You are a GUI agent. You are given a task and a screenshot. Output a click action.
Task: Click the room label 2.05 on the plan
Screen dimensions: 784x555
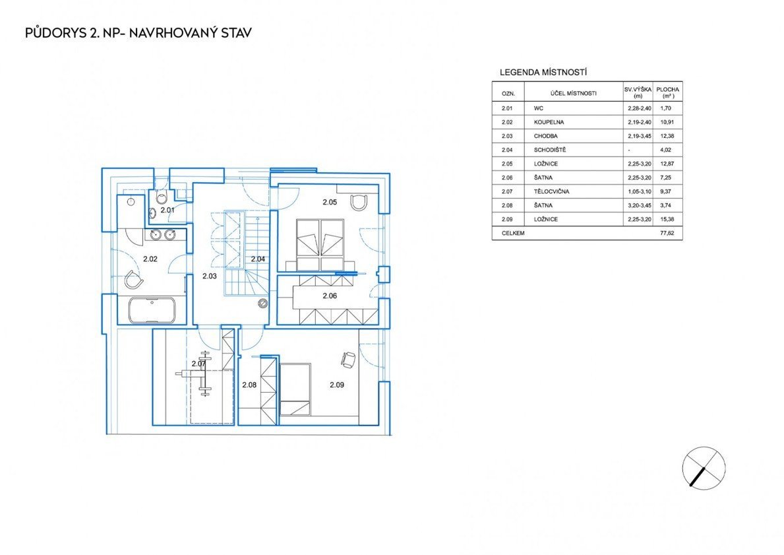click(x=330, y=202)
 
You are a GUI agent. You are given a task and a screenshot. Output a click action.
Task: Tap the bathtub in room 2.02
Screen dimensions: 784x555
click(x=152, y=310)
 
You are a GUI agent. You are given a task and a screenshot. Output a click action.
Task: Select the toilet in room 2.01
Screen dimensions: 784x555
click(x=162, y=198)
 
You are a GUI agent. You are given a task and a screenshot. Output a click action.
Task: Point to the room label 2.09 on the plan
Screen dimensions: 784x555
click(x=336, y=385)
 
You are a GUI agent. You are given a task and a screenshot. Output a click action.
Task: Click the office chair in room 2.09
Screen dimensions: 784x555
click(x=349, y=358)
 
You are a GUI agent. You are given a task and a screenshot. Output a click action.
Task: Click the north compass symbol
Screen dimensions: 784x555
click(x=704, y=468)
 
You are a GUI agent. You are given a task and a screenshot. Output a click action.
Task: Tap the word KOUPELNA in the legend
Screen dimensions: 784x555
click(x=549, y=122)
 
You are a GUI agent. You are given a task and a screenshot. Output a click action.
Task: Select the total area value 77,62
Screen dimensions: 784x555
click(x=667, y=233)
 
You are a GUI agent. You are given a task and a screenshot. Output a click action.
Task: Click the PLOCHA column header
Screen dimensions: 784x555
click(x=667, y=90)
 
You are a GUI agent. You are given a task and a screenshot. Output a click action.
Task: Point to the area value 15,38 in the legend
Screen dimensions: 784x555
click(x=667, y=219)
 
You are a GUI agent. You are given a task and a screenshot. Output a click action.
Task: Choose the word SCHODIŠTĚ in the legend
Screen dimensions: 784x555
click(x=550, y=150)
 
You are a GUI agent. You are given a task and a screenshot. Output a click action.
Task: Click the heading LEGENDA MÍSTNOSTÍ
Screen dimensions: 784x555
click(x=543, y=73)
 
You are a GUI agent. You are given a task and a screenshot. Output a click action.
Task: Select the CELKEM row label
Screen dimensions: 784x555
click(x=513, y=233)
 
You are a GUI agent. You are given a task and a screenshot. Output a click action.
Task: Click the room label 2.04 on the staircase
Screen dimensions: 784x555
click(x=258, y=259)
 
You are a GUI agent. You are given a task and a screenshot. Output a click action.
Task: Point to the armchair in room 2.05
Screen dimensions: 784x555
click(x=359, y=203)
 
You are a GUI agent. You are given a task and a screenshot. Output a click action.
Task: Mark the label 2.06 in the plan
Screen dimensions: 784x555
click(x=330, y=296)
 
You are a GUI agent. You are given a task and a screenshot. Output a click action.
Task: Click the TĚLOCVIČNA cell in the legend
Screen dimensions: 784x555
click(x=551, y=191)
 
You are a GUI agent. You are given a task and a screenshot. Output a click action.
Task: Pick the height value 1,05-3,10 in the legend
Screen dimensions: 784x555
click(x=640, y=191)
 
